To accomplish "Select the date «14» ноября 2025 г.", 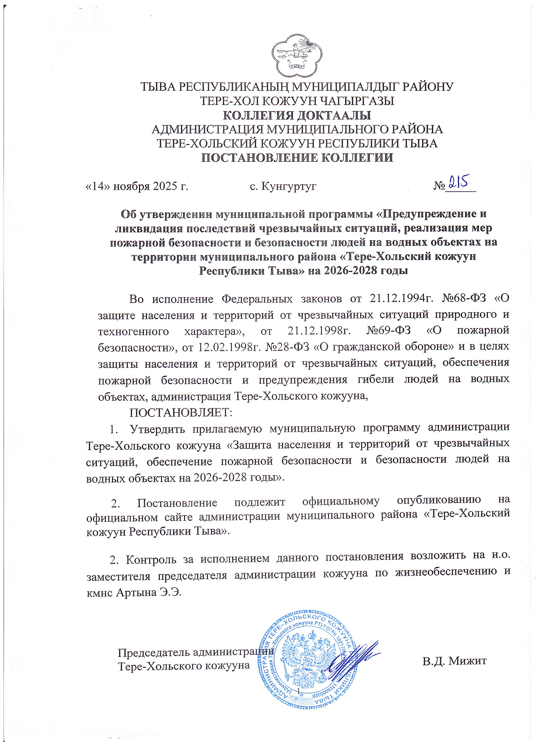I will click(136, 187).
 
